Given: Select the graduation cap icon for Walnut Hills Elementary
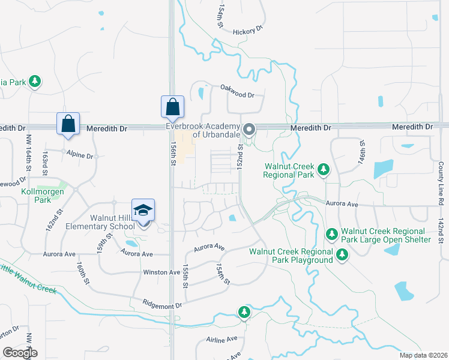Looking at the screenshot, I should [x=143, y=209].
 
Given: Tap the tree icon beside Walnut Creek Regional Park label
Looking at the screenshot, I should [x=324, y=170].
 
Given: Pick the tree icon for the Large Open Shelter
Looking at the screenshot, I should [x=331, y=233].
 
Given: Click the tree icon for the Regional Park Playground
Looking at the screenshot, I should [x=342, y=256].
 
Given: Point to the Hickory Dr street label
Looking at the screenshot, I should [x=249, y=31].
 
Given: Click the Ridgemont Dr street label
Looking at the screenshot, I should [x=162, y=305].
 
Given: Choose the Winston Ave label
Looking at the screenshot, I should [x=161, y=272].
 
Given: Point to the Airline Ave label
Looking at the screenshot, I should [x=221, y=340].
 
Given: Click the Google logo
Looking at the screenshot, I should [x=20, y=353].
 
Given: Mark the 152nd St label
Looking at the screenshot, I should [x=240, y=156].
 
